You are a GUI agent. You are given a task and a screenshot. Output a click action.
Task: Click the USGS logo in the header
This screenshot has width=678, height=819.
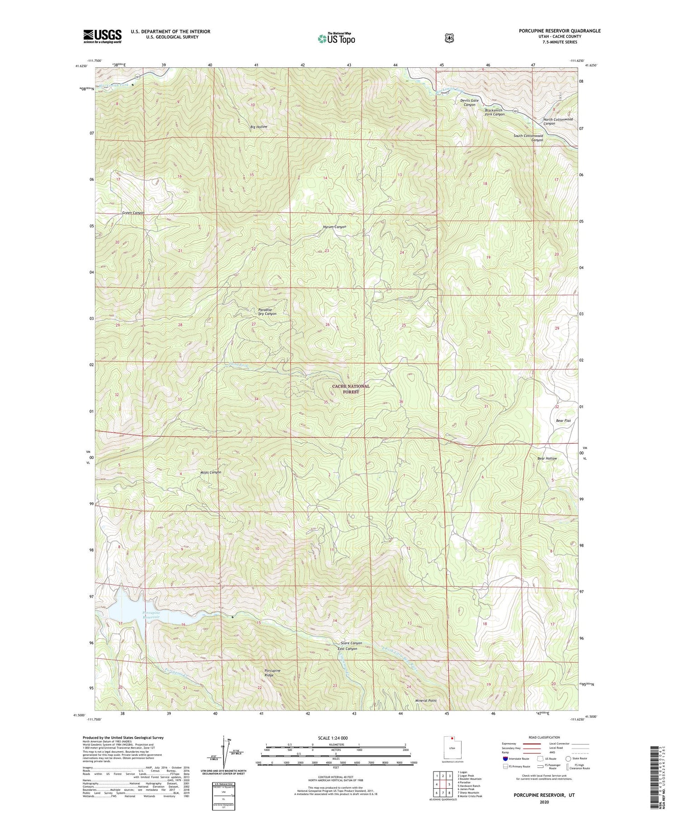coord(102,36)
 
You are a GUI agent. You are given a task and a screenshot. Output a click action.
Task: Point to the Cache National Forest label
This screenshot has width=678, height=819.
coord(351,389)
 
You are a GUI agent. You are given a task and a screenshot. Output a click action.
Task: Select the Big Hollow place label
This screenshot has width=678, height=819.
coord(259,127)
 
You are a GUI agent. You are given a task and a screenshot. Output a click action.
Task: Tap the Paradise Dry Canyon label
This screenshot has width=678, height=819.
coord(267,311)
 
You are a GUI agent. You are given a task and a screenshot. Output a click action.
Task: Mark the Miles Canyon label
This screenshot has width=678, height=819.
coord(211,472)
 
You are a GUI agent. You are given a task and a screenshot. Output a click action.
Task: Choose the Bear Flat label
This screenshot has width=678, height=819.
coord(563,421)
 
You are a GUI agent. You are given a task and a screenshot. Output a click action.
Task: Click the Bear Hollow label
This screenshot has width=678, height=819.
coord(547,458)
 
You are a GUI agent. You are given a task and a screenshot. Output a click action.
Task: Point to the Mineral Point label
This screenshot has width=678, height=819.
coord(426,701)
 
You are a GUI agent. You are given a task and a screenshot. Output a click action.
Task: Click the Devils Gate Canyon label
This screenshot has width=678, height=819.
coord(469,102)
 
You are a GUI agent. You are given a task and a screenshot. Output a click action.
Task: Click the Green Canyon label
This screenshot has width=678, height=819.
coord(133,212)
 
